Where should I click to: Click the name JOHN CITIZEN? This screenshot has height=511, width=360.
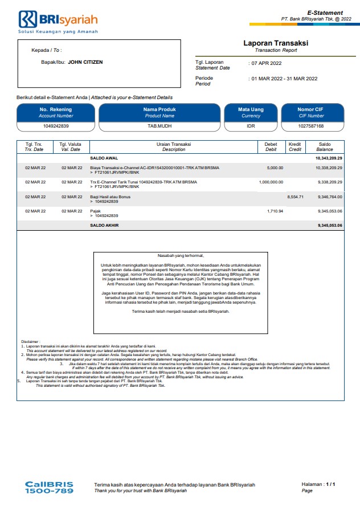pos(85,62)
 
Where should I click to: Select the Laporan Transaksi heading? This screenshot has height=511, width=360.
pos(275,43)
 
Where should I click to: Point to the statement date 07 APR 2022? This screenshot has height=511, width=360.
pos(267,63)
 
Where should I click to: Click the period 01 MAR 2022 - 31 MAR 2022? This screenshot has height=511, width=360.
pos(285,79)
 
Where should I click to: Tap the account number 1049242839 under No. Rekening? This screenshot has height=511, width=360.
pos(56,126)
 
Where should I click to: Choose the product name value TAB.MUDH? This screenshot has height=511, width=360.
pos(159,126)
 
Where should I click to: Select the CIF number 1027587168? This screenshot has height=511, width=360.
pos(311,126)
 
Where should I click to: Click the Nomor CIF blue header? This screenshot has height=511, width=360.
pos(311,112)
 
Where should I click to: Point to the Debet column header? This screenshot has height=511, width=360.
pos(271,146)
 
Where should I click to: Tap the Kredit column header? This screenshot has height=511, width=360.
pos(295,146)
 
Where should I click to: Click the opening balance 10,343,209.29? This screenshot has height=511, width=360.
pos(329,157)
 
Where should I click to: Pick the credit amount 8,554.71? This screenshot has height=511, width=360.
pos(295,197)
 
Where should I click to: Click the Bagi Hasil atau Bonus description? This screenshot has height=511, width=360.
pos(111,197)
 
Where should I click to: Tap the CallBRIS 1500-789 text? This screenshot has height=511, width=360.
pos(50,487)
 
